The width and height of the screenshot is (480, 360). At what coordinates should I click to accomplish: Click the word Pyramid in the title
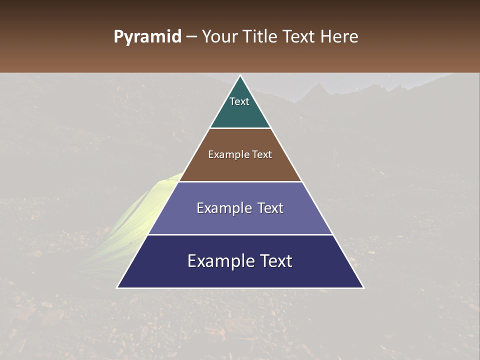147,36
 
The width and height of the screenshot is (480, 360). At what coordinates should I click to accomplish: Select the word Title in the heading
260,36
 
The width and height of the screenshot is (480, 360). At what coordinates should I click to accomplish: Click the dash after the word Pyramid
191,37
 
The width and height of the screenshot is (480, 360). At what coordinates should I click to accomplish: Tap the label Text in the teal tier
239,101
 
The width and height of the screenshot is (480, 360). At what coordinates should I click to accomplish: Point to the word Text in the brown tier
262,154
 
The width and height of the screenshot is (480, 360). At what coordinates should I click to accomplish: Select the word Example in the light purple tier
223,208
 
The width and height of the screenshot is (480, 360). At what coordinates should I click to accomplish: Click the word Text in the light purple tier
270,208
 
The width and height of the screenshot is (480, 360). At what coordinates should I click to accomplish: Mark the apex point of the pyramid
240,76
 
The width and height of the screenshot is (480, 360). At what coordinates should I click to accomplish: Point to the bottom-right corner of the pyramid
363,287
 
